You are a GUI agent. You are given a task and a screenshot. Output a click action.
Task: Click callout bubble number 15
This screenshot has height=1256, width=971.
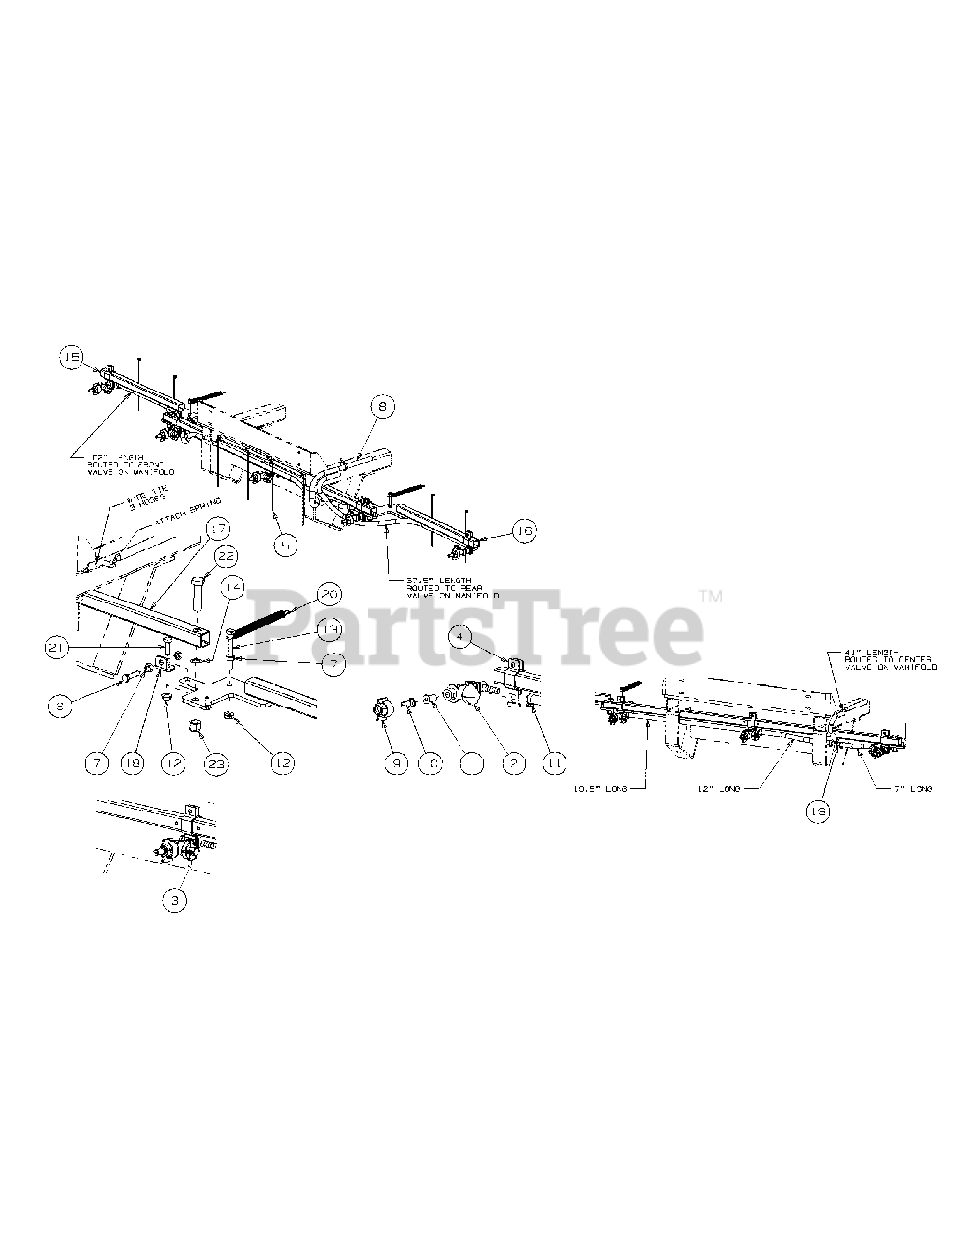[72, 358]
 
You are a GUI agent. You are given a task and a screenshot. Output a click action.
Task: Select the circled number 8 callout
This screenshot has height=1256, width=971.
[382, 404]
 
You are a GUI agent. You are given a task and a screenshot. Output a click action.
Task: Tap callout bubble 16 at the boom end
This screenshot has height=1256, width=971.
[524, 531]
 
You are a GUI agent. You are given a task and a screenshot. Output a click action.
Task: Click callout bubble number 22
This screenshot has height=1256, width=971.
[227, 556]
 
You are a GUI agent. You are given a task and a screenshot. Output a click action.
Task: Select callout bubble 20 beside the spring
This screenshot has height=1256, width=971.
[328, 595]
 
